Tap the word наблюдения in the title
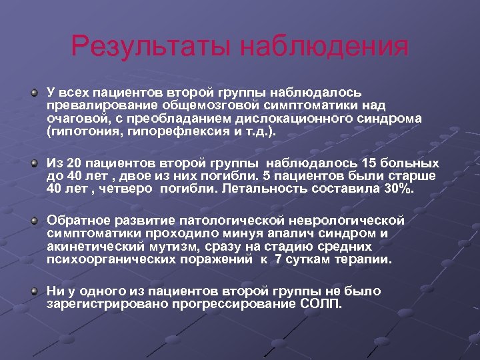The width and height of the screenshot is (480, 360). coord(325,47)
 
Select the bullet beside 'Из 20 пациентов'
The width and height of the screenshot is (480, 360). coord(34,163)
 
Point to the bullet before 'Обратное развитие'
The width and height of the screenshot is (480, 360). coord(34,220)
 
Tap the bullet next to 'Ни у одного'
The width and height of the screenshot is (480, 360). coord(34,291)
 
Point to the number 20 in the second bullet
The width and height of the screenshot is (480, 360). coord(74,163)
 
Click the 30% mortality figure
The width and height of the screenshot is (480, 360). coord(399,189)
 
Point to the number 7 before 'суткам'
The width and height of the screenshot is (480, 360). coord(278,259)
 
